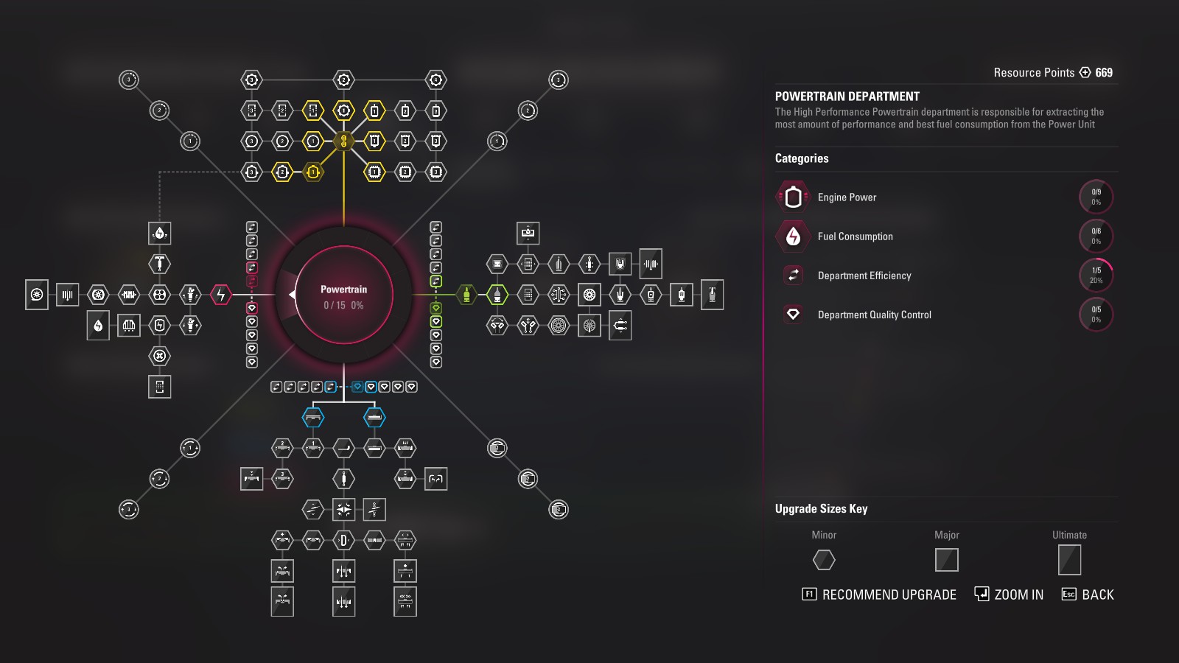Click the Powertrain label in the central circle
pyautogui.click(x=343, y=290)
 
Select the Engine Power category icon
pyautogui.click(x=793, y=197)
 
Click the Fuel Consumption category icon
pyautogui.click(x=793, y=236)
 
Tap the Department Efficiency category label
pyautogui.click(x=864, y=276)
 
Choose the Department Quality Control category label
pyautogui.click(x=874, y=315)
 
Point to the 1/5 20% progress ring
pyautogui.click(x=1096, y=276)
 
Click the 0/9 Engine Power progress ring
pyautogui.click(x=1096, y=197)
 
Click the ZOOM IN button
pyautogui.click(x=1009, y=594)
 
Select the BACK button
pyautogui.click(x=1088, y=594)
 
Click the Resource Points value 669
pyautogui.click(x=1104, y=72)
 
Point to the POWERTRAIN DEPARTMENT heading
pyautogui.click(x=847, y=97)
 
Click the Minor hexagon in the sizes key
pyautogui.click(x=824, y=560)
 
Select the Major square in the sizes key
pyautogui.click(x=947, y=560)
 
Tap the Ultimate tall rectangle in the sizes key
pyautogui.click(x=1069, y=560)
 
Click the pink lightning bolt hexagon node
pyautogui.click(x=220, y=295)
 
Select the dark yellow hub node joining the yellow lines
pyautogui.click(x=343, y=141)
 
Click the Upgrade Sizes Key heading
pyautogui.click(x=821, y=508)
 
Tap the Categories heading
pyautogui.click(x=802, y=158)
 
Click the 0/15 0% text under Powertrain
pyautogui.click(x=343, y=305)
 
